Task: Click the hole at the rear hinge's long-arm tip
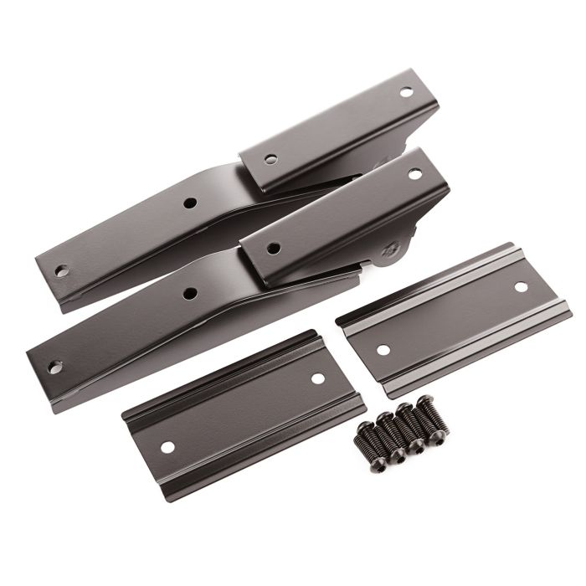pos(61,270)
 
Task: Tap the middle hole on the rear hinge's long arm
pos(190,203)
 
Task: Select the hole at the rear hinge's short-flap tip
pos(406,92)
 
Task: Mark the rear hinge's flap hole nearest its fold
pos(271,158)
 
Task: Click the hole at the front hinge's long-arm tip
pos(54,367)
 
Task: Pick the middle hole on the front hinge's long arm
pos(190,294)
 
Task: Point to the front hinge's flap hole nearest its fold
pos(273,248)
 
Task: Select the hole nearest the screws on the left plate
pos(317,378)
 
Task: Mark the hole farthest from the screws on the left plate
pos(167,447)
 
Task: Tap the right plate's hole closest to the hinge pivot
pos(383,350)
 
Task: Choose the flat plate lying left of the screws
pos(243,414)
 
